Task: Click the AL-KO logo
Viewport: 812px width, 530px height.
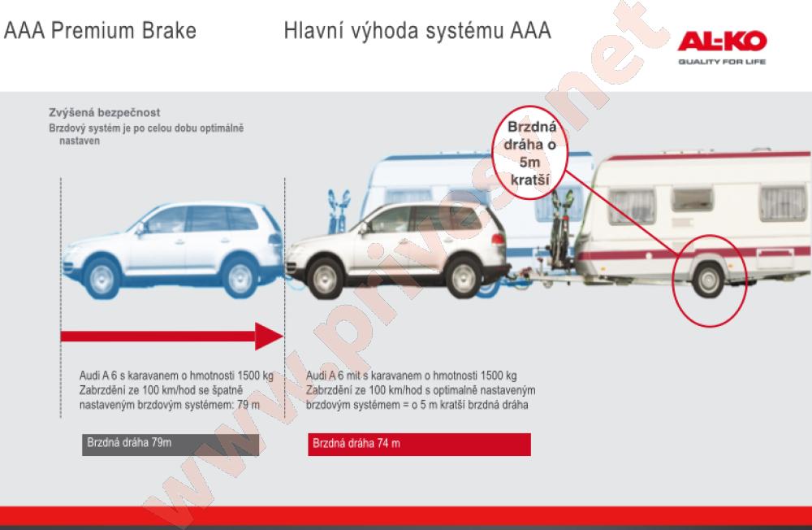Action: [722, 41]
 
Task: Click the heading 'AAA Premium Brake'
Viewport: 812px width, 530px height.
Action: [100, 31]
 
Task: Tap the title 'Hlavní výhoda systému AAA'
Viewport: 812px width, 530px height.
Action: [417, 31]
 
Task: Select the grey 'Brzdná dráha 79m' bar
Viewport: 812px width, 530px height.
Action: [171, 445]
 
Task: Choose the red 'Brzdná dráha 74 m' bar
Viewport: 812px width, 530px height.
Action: [420, 445]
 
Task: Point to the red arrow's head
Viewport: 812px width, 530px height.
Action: [270, 336]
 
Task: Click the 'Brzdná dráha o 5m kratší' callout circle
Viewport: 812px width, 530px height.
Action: [529, 153]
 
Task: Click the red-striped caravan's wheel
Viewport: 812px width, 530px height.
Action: [708, 280]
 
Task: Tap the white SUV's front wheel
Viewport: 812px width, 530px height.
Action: [326, 278]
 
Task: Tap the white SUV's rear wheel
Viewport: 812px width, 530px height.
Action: [463, 278]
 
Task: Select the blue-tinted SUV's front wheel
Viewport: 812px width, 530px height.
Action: [101, 278]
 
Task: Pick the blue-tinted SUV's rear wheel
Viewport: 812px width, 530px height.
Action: [240, 278]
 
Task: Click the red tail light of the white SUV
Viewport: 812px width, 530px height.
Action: [498, 239]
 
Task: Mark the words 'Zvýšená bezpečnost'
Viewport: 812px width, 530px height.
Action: [105, 112]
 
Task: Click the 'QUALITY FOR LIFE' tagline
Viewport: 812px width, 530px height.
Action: [722, 62]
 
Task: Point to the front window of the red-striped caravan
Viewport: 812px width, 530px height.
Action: [632, 206]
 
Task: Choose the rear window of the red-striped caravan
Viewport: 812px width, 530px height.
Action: [783, 204]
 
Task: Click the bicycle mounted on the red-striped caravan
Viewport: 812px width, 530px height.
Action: [560, 231]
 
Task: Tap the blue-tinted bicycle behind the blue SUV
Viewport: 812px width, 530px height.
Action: [338, 211]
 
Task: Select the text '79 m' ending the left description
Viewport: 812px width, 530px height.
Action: [248, 405]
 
